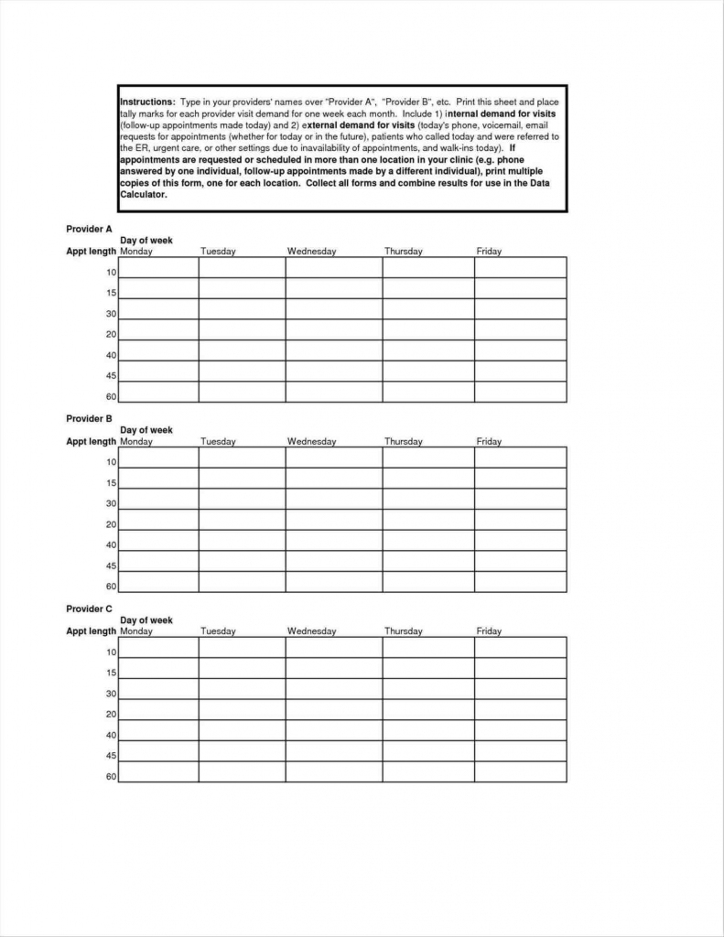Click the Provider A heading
(89, 229)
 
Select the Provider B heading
(89, 418)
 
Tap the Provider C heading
(89, 609)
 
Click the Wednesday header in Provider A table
(311, 252)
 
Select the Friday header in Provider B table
(489, 442)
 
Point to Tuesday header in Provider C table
(218, 631)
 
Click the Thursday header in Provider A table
(403, 252)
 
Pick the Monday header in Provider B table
(136, 442)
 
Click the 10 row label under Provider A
(111, 273)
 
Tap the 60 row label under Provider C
(111, 777)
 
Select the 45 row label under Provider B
(111, 566)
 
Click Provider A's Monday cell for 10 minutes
(159, 267)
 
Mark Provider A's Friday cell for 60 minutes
(520, 393)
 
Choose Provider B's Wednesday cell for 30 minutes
(333, 499)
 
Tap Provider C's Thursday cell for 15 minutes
(427, 668)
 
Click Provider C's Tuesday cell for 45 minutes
(242, 751)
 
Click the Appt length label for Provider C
(91, 631)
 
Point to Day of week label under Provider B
(146, 430)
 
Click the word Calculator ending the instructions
(143, 195)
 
